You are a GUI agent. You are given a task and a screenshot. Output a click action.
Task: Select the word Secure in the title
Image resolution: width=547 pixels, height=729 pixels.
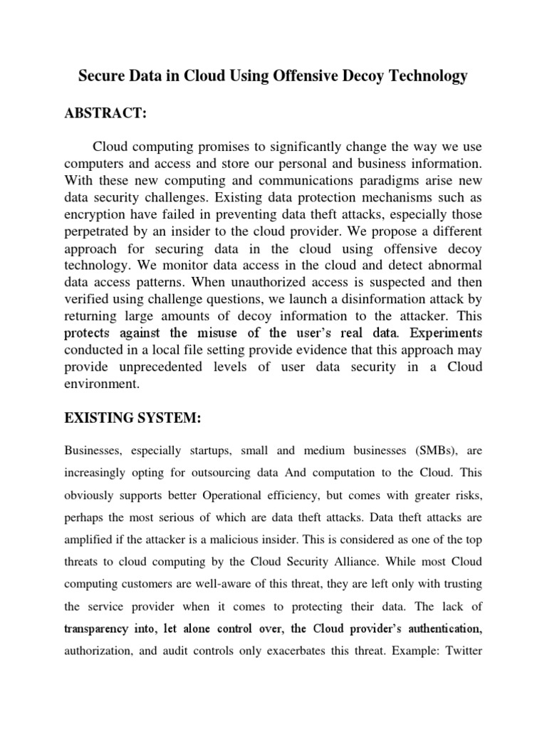[100, 76]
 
